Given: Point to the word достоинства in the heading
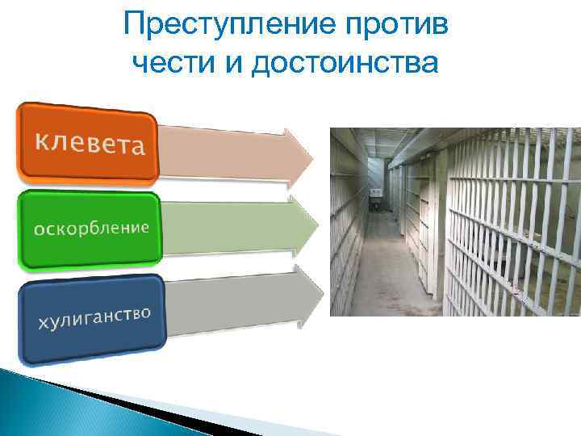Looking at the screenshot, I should tap(345, 63).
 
